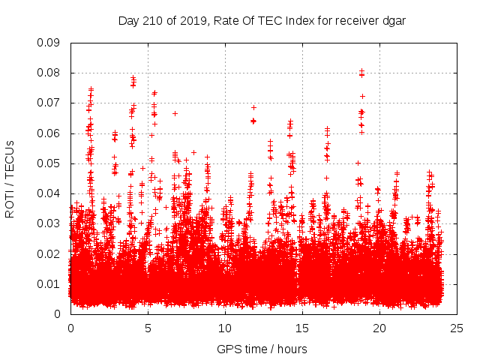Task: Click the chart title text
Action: tap(262, 20)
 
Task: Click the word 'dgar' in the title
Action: tap(393, 20)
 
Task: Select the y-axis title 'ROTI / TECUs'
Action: tap(10, 178)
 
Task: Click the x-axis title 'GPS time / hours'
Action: tap(262, 349)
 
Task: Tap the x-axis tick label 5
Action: tap(148, 328)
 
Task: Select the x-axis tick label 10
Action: tap(225, 328)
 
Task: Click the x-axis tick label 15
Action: tap(302, 328)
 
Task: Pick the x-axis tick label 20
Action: tap(379, 328)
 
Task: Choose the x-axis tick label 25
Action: tap(457, 328)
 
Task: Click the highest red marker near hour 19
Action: tap(361, 71)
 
